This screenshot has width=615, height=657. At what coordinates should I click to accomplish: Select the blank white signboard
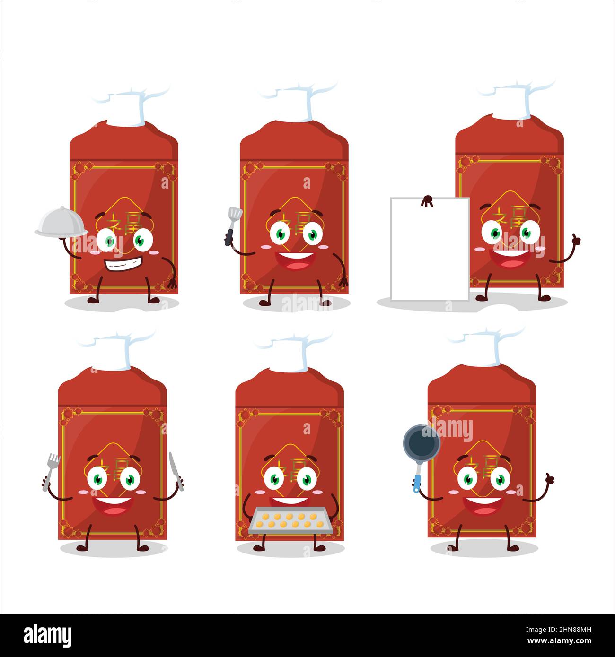click(x=429, y=249)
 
